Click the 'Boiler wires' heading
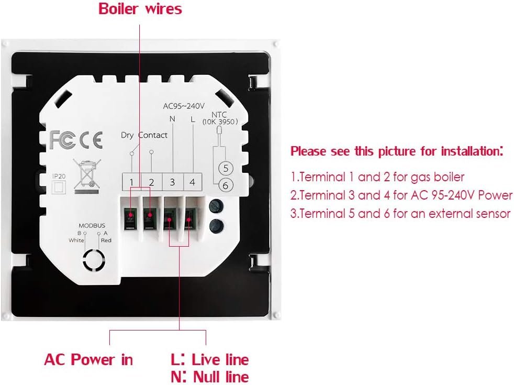click(x=140, y=9)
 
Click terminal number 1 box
click(x=132, y=182)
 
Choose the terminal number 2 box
click(x=152, y=182)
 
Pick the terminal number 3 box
click(x=172, y=182)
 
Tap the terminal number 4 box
click(x=192, y=182)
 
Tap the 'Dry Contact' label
click(x=144, y=135)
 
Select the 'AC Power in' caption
click(x=88, y=360)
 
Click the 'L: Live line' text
click(x=210, y=360)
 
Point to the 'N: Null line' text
click(x=210, y=376)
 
